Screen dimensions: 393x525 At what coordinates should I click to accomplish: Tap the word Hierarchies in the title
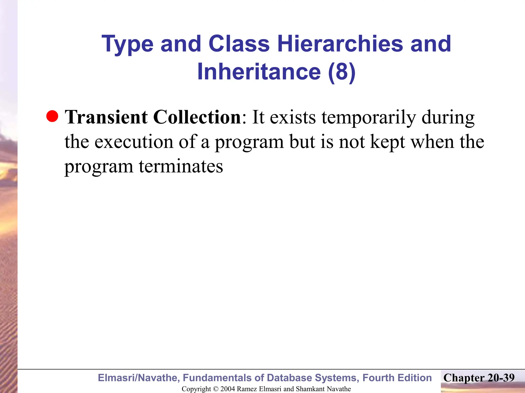340,44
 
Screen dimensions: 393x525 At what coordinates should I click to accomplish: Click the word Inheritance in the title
259,72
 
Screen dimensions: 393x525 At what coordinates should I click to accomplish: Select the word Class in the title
239,44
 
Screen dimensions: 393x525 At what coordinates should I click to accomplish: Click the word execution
134,142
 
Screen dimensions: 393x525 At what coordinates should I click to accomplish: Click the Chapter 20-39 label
479,378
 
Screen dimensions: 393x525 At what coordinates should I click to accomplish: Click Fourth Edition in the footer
397,378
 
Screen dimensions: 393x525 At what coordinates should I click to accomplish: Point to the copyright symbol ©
216,389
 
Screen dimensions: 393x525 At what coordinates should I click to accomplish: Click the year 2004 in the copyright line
228,389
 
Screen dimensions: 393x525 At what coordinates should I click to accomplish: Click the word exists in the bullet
293,118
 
